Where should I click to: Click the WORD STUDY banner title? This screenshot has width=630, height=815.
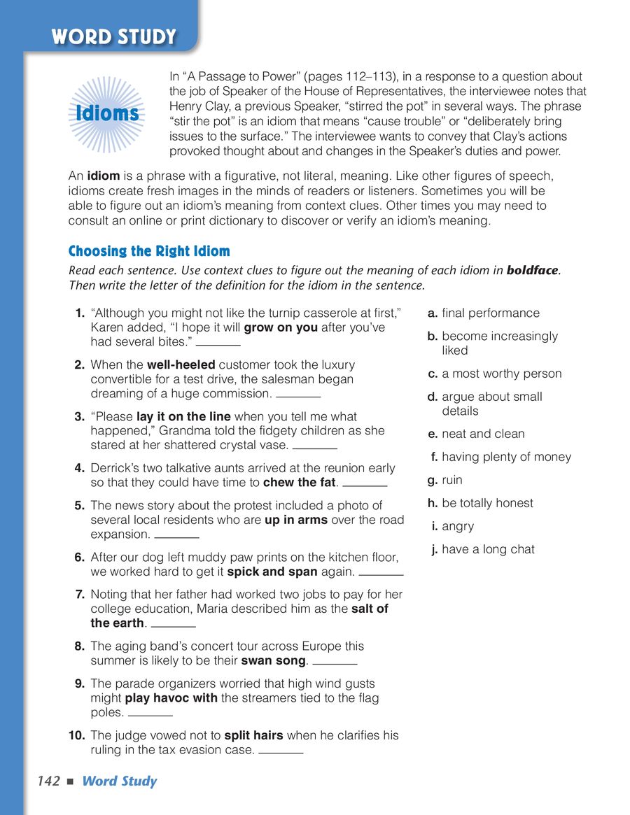tap(113, 36)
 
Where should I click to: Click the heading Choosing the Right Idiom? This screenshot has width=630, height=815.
tap(149, 251)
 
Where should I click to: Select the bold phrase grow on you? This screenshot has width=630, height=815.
tap(281, 327)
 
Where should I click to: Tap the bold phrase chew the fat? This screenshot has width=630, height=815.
tap(300, 482)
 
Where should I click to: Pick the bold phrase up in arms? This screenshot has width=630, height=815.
tap(296, 520)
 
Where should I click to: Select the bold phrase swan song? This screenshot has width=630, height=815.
tap(274, 660)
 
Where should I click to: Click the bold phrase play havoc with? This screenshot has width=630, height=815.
tap(171, 698)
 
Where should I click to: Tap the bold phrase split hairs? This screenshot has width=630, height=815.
tap(253, 735)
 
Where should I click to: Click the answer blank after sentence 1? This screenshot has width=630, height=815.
tap(218, 345)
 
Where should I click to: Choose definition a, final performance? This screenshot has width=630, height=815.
tap(490, 313)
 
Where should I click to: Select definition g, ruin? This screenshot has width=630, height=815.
tap(451, 480)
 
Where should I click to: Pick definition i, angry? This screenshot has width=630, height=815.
tap(458, 526)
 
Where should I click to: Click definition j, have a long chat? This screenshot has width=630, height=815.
tap(488, 549)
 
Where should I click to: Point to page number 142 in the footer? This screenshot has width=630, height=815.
tap(49, 781)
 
